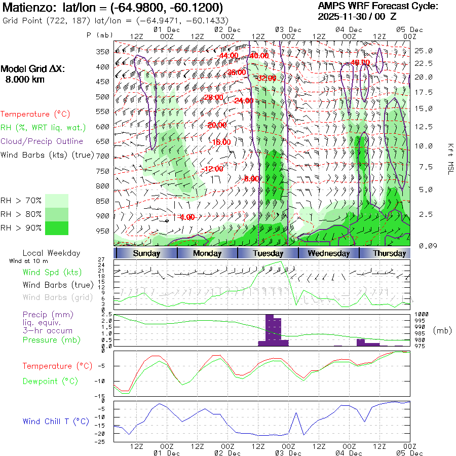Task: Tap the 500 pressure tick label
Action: click(x=103, y=97)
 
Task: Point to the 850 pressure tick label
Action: click(x=103, y=201)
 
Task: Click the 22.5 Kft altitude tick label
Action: click(x=424, y=63)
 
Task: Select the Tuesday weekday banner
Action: click(x=268, y=253)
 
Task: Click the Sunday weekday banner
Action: click(x=147, y=253)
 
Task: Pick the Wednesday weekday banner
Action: click(x=329, y=253)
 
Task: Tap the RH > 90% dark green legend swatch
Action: click(x=57, y=228)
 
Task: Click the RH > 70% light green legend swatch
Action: click(x=57, y=201)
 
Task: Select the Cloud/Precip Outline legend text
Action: click(x=42, y=141)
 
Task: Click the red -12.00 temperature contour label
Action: click(x=212, y=169)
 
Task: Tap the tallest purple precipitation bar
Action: click(x=270, y=330)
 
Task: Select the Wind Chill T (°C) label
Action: click(x=56, y=421)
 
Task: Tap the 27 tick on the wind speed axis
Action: click(x=101, y=259)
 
